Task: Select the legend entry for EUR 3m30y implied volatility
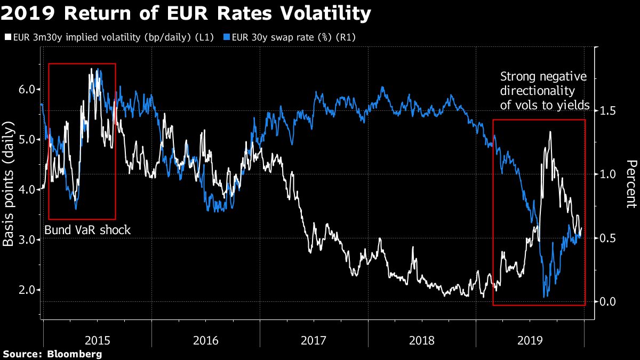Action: tap(109, 38)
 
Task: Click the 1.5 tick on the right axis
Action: tap(608, 110)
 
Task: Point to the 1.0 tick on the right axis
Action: tap(608, 174)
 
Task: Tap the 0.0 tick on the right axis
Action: tap(608, 302)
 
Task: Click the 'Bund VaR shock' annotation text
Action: tap(87, 230)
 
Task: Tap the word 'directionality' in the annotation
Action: tap(538, 91)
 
